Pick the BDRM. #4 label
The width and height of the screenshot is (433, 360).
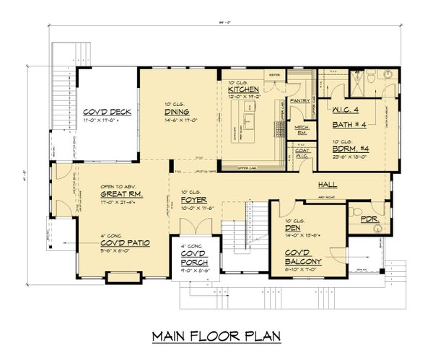pyautogui.click(x=351, y=147)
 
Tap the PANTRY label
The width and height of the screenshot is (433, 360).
pyautogui.click(x=299, y=102)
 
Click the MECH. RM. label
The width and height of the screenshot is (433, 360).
pyautogui.click(x=302, y=129)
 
